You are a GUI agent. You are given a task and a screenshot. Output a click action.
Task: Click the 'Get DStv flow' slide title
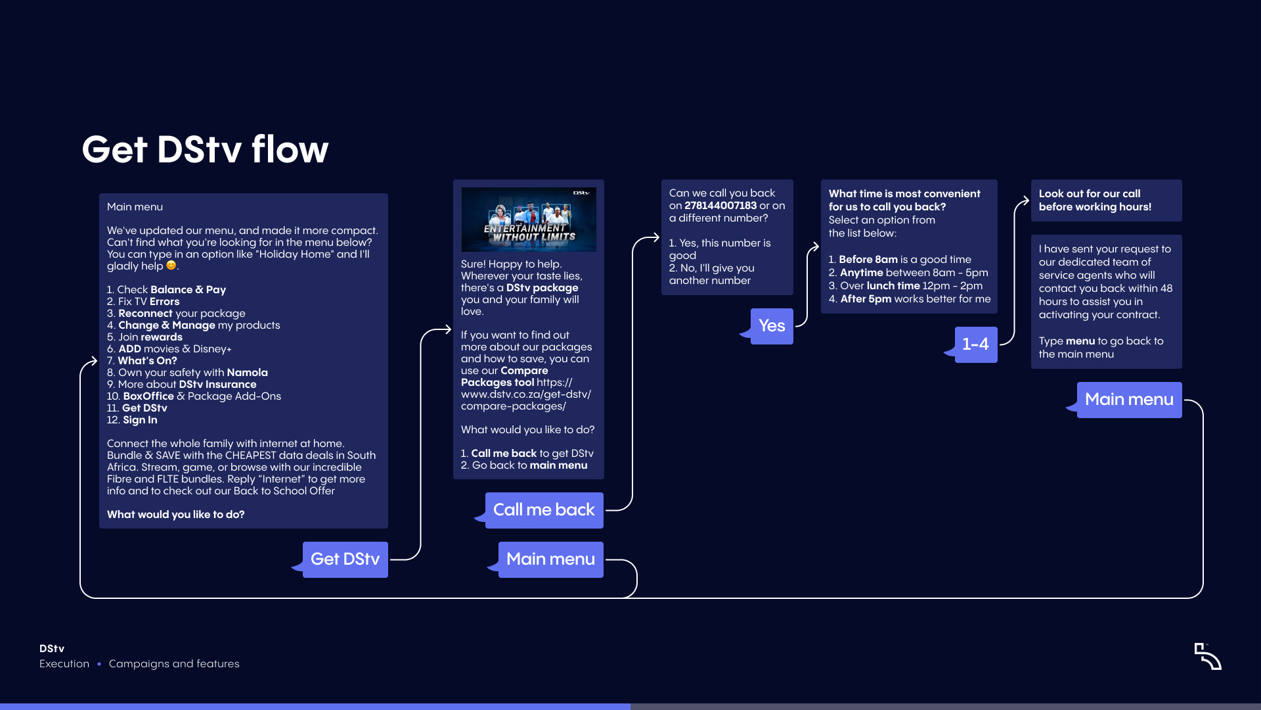click(x=205, y=149)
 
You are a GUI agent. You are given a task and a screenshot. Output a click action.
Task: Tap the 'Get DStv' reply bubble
click(x=345, y=559)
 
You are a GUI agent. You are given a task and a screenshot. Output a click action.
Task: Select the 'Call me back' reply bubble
click(x=544, y=510)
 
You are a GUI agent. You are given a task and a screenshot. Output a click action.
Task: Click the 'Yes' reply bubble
click(x=772, y=326)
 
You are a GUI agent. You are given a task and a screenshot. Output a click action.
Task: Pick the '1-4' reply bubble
click(x=975, y=344)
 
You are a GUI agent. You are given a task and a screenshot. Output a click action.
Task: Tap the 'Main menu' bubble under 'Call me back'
click(x=550, y=559)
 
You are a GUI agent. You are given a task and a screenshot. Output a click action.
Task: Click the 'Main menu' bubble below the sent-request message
click(x=1129, y=400)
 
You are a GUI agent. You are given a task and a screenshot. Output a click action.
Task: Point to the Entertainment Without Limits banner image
click(x=529, y=220)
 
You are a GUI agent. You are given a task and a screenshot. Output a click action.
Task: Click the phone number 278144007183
click(x=720, y=206)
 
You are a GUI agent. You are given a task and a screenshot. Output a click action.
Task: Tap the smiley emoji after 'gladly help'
click(x=171, y=266)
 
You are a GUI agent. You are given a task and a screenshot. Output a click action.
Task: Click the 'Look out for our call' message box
click(x=1106, y=201)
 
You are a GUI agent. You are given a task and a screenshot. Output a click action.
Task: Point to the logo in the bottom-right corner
click(x=1208, y=656)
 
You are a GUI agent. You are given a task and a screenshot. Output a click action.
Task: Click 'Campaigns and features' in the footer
click(x=174, y=664)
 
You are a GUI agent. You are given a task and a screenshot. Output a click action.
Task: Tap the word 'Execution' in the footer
click(x=64, y=664)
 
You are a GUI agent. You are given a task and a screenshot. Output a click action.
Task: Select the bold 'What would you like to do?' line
click(x=175, y=515)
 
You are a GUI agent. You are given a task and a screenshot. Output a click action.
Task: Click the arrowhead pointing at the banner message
click(x=447, y=329)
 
